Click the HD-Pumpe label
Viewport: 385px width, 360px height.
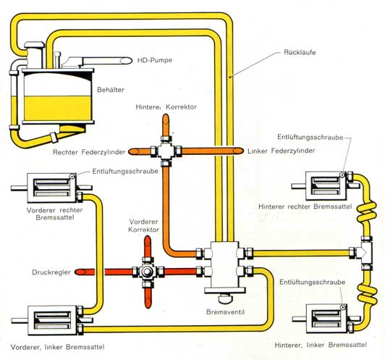154,60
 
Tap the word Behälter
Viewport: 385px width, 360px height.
111,90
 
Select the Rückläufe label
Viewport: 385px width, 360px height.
300,52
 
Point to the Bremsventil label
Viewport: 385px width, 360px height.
225,312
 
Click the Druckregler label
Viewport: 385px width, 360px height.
51,272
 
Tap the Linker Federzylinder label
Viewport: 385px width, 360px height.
281,151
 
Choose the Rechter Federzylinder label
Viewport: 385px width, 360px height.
89,152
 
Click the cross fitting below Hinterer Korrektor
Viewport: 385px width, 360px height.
166,151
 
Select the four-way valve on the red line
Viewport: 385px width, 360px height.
148,272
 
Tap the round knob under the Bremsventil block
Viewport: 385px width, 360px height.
225,298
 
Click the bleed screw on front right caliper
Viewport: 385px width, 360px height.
72,177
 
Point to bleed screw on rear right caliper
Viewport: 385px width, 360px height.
342,175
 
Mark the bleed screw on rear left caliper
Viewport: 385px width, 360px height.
343,307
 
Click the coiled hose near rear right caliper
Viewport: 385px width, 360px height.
366,211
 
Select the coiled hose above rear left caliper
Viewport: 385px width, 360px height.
366,293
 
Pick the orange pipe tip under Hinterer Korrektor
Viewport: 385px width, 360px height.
166,119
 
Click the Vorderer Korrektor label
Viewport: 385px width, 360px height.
143,225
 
